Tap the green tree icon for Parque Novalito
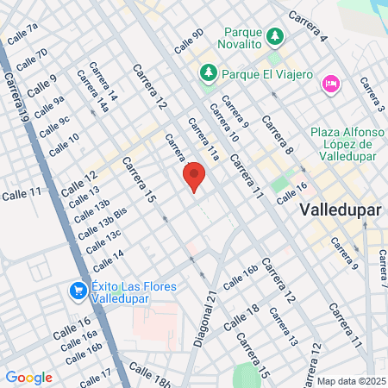click(275, 36)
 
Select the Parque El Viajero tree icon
click(207, 74)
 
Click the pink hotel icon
click(329, 83)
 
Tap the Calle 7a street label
click(22, 34)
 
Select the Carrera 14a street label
click(93, 91)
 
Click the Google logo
click(28, 377)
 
